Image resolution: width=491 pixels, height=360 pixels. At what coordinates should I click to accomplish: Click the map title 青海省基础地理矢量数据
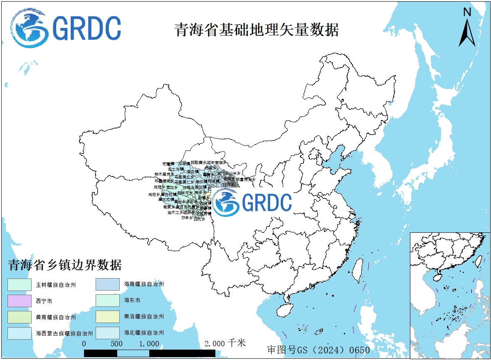coord(257,30)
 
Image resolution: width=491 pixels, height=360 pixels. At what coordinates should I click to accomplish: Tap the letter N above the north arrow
coord(467,12)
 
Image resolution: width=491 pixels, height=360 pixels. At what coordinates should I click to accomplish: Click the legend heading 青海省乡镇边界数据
coord(65,265)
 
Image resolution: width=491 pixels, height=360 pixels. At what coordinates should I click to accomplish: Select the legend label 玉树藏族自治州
coord(55,285)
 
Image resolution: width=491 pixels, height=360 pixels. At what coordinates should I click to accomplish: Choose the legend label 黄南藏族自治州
coord(55,317)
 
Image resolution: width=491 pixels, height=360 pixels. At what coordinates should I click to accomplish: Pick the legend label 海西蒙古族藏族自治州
coord(64,333)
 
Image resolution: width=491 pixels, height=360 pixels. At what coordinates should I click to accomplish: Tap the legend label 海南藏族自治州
coord(144,284)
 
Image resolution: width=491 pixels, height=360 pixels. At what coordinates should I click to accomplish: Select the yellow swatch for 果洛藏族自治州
coord(108,317)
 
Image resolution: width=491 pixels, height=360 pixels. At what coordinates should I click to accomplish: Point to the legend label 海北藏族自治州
coord(144,333)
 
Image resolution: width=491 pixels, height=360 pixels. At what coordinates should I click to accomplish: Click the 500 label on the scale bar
coord(117,344)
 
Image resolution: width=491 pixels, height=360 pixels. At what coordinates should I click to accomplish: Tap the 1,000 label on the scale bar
coord(149,344)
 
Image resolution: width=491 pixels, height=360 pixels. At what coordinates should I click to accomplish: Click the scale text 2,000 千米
coord(225,343)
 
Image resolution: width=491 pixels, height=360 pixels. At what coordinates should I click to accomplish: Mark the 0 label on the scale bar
coord(84,344)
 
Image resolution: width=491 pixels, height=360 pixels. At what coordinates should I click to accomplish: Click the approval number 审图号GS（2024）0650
coord(318,350)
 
